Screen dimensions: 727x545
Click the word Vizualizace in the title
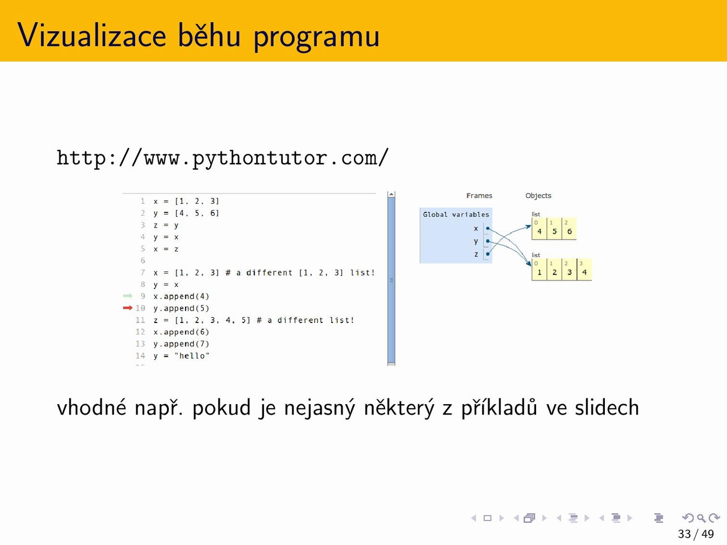tap(92, 35)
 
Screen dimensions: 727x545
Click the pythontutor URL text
tap(222, 158)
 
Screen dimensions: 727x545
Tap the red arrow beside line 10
tap(128, 308)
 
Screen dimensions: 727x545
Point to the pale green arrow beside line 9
tap(128, 296)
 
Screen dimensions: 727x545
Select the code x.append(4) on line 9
tap(181, 296)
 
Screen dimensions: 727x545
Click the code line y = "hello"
tap(181, 356)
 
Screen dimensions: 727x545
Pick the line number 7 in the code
tap(143, 272)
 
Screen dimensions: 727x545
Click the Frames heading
tap(479, 195)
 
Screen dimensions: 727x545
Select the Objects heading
tap(538, 195)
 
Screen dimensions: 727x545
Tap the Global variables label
tap(456, 215)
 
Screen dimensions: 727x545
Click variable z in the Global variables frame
tap(476, 254)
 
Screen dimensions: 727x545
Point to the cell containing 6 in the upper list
tap(569, 228)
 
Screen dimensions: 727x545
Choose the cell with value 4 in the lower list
tap(584, 269)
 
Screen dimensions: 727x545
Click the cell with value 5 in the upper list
tap(554, 228)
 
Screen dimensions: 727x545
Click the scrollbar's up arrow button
tap(391, 195)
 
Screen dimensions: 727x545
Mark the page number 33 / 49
tap(696, 534)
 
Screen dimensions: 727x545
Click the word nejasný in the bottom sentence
tap(320, 408)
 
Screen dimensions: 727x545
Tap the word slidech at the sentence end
tap(607, 408)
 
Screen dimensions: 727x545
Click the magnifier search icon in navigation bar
tap(701, 518)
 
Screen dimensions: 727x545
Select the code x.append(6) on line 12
tap(181, 332)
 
